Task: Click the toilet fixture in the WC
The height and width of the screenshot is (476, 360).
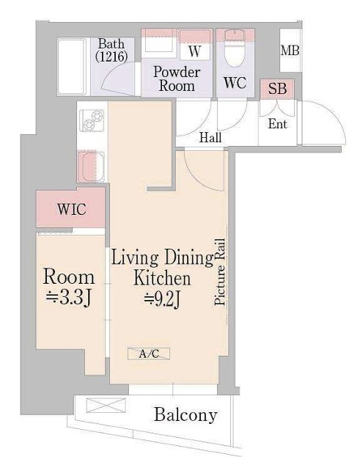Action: click(235, 48)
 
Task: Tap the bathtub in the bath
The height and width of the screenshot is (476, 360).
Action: click(72, 67)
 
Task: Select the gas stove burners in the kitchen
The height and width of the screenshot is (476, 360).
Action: click(92, 120)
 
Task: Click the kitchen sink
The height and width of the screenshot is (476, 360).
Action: click(92, 166)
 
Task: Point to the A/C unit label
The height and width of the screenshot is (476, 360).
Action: click(149, 354)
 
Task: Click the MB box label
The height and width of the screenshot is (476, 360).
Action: click(290, 51)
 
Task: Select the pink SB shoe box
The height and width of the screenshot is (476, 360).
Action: click(277, 89)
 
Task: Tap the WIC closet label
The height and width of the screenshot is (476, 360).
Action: click(72, 209)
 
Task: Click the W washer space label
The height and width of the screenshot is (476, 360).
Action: click(194, 51)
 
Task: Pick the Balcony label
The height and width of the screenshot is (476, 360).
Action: click(185, 414)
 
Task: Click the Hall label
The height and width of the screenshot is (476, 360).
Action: click(210, 138)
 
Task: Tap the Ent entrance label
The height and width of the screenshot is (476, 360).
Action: click(277, 124)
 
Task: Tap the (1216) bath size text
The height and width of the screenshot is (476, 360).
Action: click(111, 56)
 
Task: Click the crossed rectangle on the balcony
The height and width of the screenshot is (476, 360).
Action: click(106, 406)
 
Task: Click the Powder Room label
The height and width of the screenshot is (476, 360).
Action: click(177, 78)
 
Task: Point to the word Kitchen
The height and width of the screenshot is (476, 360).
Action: click(162, 279)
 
